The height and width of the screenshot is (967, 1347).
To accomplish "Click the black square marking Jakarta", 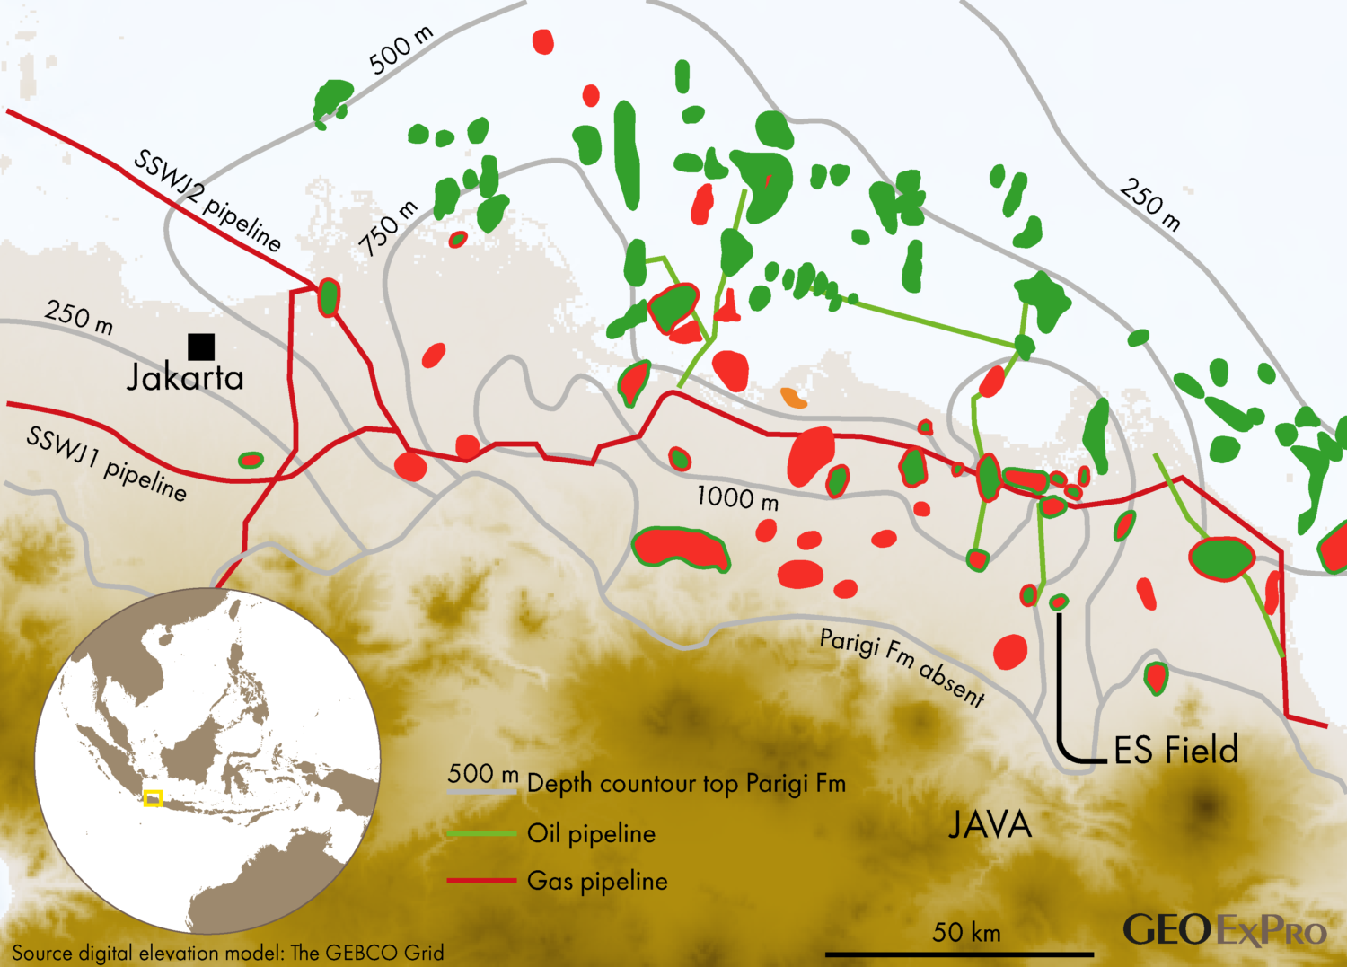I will tap(201, 347).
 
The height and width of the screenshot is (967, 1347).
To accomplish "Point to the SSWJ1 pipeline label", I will tap(107, 463).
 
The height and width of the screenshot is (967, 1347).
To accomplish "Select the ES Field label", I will tap(1176, 750).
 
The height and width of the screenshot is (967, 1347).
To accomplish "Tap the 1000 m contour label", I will tap(737, 497).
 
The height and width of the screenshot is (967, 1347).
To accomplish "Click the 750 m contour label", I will tap(389, 228).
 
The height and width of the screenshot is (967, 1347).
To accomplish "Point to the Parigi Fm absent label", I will tap(902, 665).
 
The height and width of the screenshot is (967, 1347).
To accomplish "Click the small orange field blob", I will tap(793, 398).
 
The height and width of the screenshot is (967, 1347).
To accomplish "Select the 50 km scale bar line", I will tap(959, 954).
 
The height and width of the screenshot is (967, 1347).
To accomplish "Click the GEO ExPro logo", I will tap(1225, 930).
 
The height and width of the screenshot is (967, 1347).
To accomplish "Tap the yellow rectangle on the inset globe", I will tap(154, 797).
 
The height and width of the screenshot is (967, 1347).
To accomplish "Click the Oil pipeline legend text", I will tap(591, 833).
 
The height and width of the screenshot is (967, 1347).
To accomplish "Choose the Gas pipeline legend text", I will tap(597, 881).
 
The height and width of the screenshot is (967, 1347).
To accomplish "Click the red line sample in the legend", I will tap(481, 881).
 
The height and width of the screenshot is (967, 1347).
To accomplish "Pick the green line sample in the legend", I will tap(481, 833).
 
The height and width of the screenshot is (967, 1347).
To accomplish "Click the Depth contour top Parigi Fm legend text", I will tap(686, 784).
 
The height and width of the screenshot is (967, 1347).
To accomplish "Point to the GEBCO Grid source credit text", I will tap(228, 953).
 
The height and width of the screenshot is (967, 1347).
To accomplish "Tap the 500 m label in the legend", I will tap(483, 774).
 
